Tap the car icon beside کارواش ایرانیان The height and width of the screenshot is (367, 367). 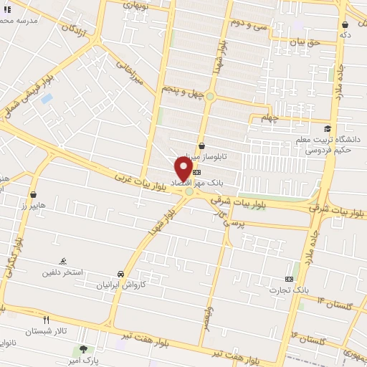click(121, 274)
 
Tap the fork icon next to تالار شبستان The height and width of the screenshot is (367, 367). click(47, 320)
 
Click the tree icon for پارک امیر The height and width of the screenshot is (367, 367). click(85, 349)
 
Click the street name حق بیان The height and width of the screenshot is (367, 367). click(303, 42)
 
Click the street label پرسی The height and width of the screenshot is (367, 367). click(234, 223)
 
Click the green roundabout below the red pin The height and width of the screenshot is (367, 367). click(189, 191)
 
